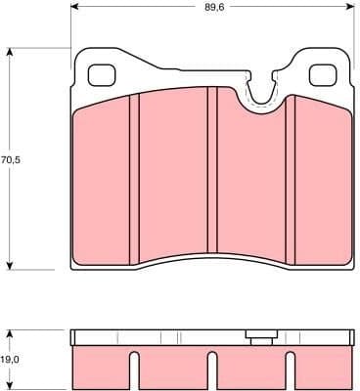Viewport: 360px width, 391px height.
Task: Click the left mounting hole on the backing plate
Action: tap(102, 75)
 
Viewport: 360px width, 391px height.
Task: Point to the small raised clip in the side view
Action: tap(260, 339)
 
